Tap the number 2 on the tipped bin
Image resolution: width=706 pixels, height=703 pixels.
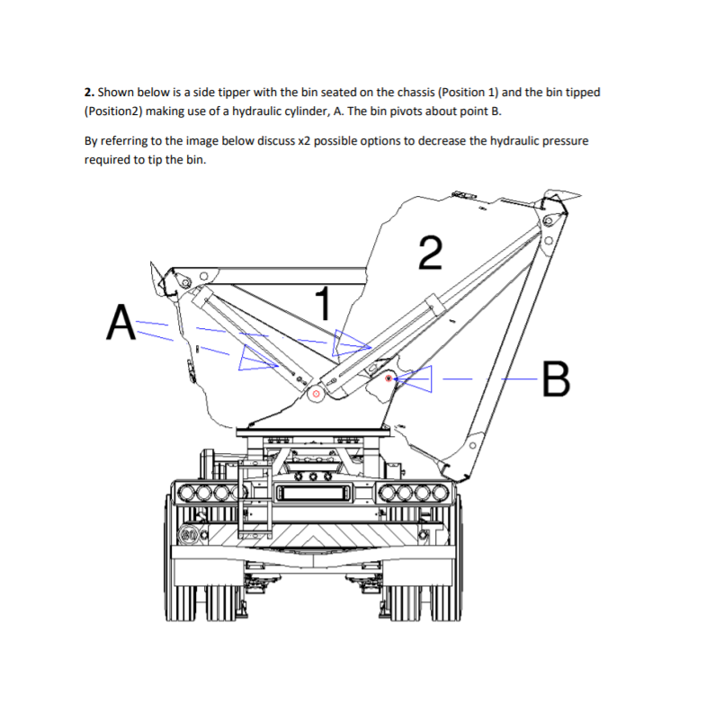(x=431, y=253)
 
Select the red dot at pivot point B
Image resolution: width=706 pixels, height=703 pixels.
(x=388, y=379)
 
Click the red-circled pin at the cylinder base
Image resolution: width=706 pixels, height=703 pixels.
(x=316, y=393)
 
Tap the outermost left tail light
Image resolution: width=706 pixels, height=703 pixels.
(x=183, y=493)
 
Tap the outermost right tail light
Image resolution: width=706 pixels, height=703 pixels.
(x=439, y=493)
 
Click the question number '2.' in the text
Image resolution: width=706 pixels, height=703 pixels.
(x=89, y=93)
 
